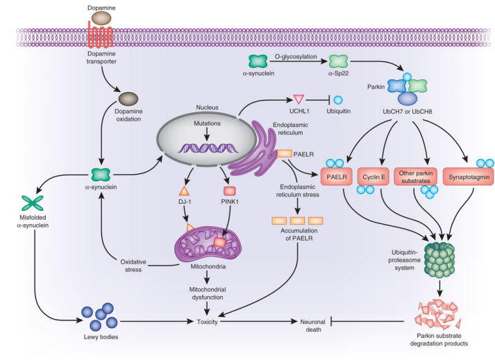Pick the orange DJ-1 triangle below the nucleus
pyautogui.click(x=185, y=190)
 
